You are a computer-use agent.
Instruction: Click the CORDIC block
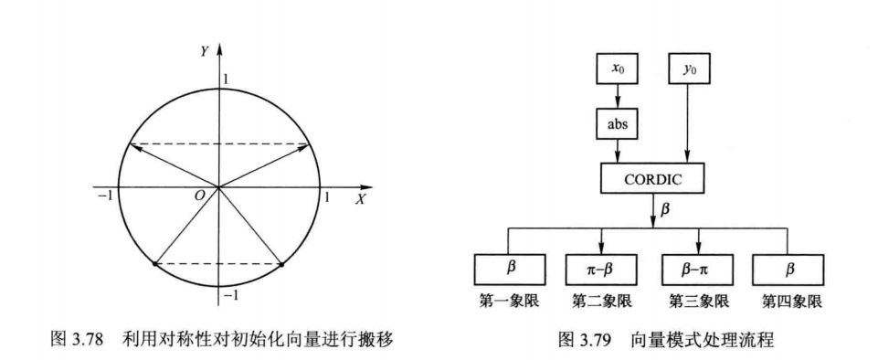652,179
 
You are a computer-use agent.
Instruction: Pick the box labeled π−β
600,269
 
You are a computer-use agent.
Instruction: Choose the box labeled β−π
697,269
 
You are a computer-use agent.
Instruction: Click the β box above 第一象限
509,269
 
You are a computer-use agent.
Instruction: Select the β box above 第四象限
788,269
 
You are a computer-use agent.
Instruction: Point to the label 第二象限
600,299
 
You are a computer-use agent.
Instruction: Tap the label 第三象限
697,299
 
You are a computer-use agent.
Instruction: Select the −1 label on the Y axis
231,297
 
